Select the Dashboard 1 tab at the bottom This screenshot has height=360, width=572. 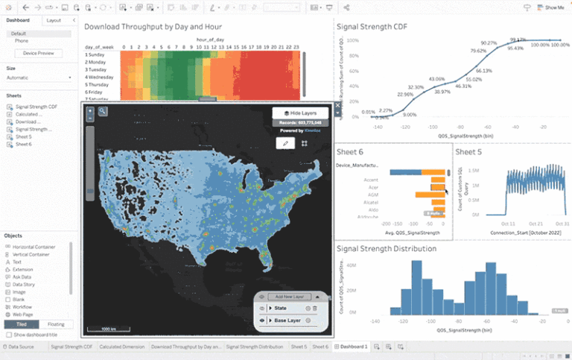(x=353, y=347)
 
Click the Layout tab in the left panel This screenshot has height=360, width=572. (x=54, y=20)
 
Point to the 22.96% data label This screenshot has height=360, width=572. (x=405, y=95)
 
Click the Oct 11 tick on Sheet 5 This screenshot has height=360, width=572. (x=509, y=222)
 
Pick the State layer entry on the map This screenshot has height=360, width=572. (x=281, y=308)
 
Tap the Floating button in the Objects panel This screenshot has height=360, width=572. (x=56, y=324)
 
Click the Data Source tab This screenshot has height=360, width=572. (x=21, y=347)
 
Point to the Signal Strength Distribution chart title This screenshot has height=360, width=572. (x=387, y=248)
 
